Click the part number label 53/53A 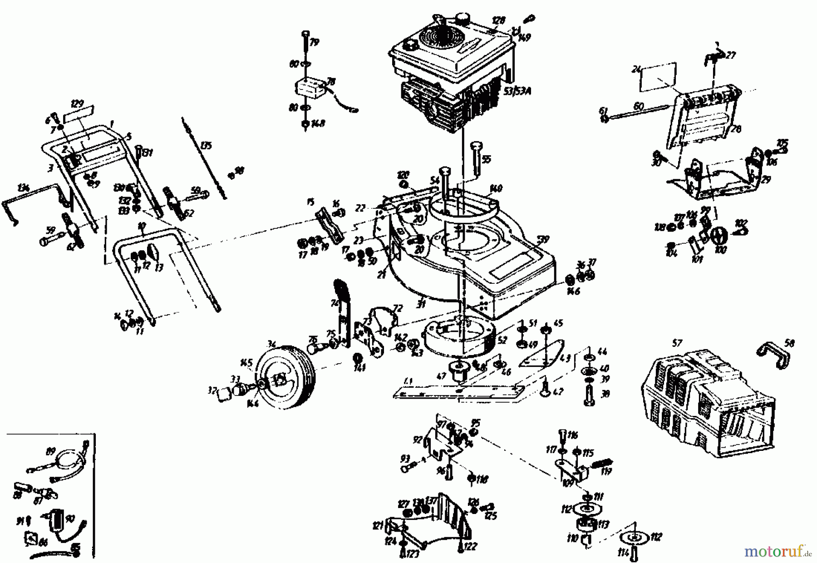517,91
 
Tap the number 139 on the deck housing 543,238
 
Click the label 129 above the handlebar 78,104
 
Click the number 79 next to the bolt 314,42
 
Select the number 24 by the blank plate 636,69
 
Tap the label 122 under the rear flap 470,547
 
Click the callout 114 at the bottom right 629,552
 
